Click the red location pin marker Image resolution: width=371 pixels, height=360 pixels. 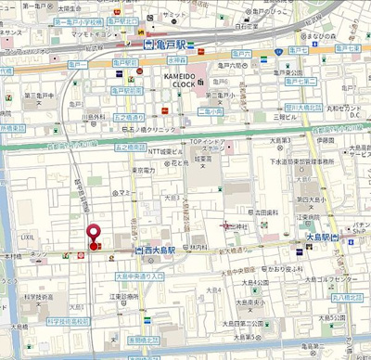click(x=92, y=236)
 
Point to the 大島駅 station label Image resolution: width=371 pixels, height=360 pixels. click(x=317, y=238)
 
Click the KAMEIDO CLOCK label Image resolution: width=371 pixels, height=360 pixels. click(x=185, y=79)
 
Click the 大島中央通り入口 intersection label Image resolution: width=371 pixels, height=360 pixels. click(x=139, y=276)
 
